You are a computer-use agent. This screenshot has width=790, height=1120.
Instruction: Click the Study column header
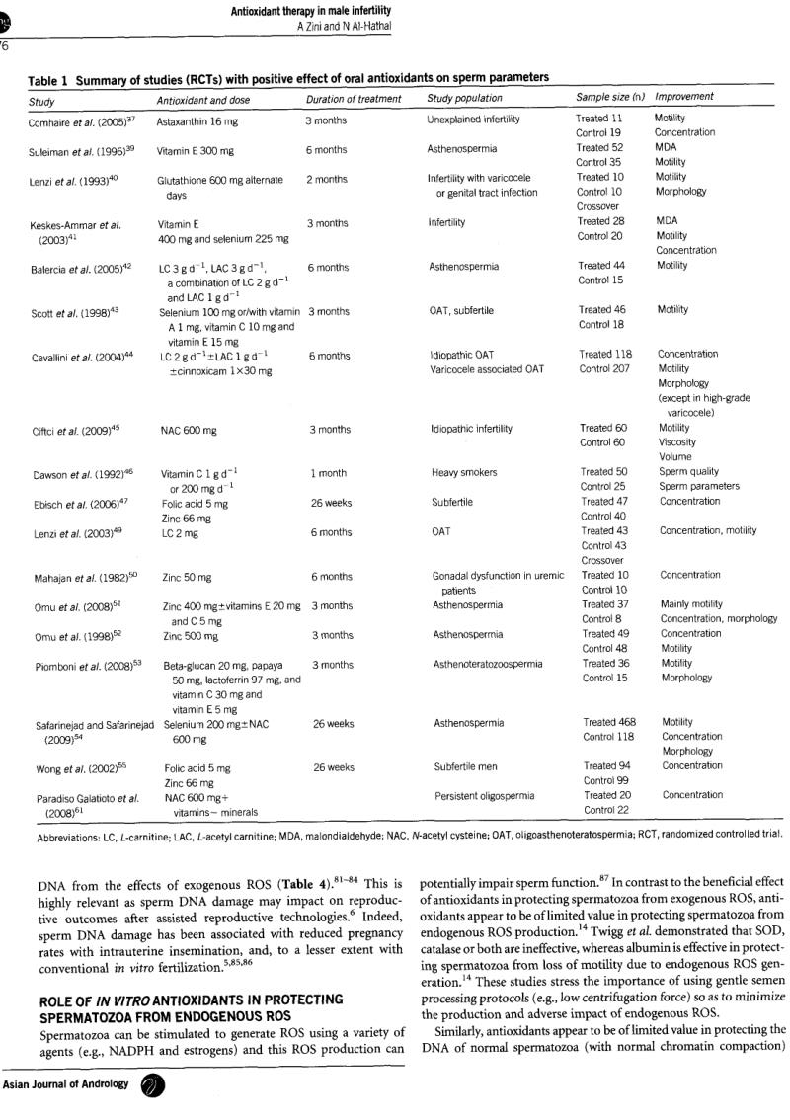pyautogui.click(x=42, y=100)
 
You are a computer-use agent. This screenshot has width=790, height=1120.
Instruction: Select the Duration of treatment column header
pyautogui.click(x=354, y=99)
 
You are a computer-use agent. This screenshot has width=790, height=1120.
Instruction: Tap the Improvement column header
pyautogui.click(x=684, y=98)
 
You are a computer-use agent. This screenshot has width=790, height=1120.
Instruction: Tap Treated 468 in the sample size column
pyautogui.click(x=609, y=722)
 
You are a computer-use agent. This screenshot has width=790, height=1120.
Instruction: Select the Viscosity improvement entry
pyautogui.click(x=678, y=442)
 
